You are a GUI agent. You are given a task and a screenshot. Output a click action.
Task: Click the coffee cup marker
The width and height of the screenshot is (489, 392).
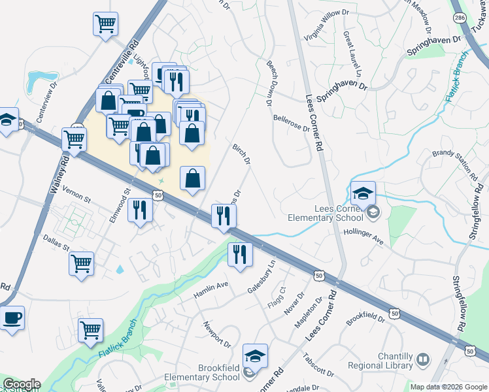click(x=10, y=319)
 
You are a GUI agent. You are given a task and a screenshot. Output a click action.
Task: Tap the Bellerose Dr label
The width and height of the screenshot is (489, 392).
click(x=291, y=124)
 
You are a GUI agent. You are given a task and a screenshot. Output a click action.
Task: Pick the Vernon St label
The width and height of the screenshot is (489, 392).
click(x=77, y=193)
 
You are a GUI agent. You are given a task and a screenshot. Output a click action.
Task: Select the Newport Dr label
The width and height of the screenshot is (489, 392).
click(x=216, y=334)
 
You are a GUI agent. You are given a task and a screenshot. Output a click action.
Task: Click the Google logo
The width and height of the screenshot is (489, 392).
click(x=21, y=384)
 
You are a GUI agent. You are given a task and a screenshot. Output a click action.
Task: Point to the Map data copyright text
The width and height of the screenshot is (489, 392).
click(x=448, y=387)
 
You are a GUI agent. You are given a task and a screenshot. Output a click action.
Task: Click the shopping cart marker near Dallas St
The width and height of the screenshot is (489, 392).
click(x=82, y=264)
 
